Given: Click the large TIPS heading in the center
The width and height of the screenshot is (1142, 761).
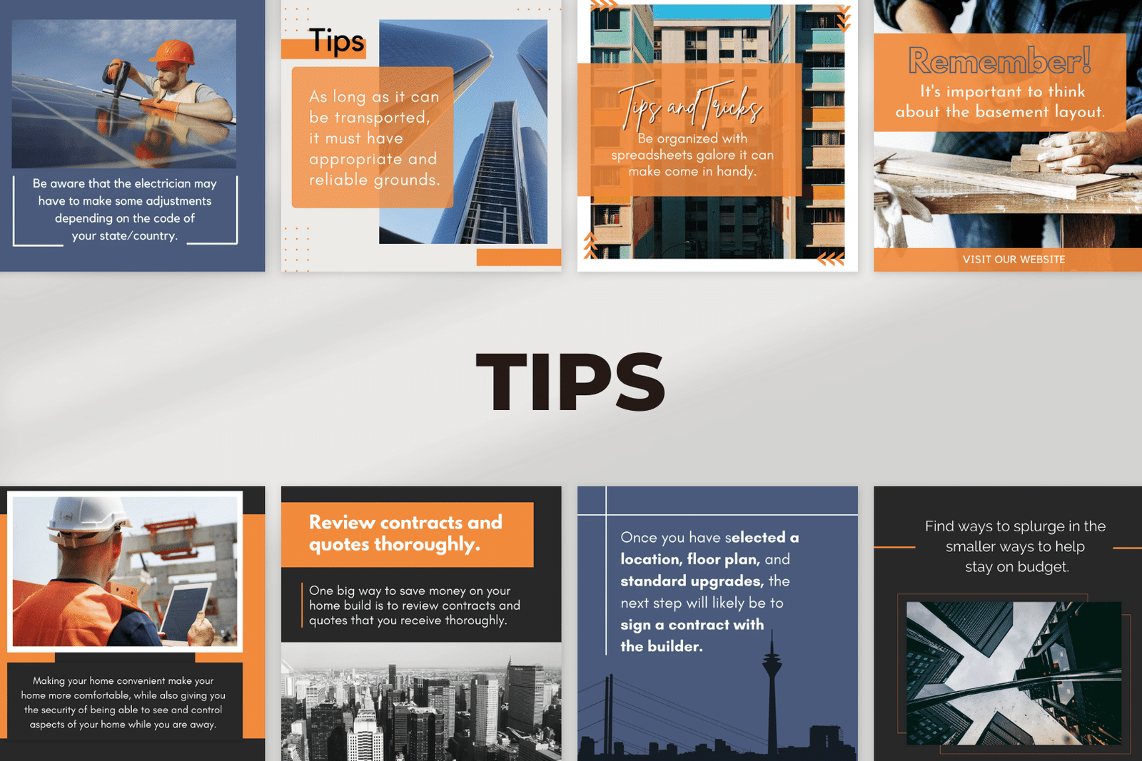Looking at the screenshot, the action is click(x=570, y=381).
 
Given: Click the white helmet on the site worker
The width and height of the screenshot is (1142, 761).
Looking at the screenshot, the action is click(x=88, y=519).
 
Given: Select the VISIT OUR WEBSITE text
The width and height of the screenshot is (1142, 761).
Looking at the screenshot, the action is click(x=1014, y=260).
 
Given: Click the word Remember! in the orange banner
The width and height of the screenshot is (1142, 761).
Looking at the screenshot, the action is click(x=1000, y=60).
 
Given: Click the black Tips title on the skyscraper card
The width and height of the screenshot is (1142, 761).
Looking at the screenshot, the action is click(x=336, y=41).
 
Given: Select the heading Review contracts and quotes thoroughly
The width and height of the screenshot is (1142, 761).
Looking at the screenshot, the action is click(x=406, y=533).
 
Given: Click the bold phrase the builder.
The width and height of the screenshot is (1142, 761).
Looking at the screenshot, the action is click(x=661, y=646).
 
